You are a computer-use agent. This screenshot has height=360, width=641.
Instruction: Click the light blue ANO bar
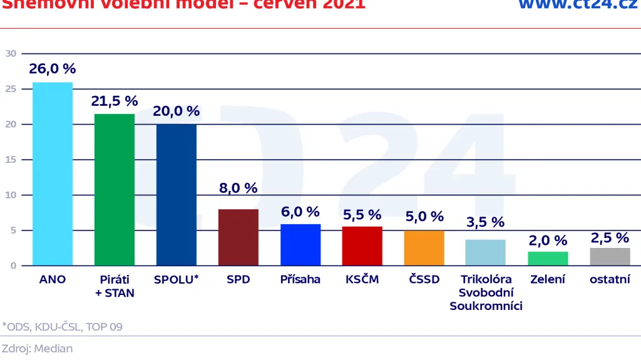coord(53,174)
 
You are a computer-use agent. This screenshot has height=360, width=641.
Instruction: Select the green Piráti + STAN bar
coord(115,190)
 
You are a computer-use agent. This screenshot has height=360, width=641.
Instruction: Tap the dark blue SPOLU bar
coord(176,195)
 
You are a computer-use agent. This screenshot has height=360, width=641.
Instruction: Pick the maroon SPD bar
coord(238,237)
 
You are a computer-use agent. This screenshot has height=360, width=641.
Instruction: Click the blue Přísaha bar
coord(300,245)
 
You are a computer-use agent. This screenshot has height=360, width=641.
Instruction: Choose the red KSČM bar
coord(362,246)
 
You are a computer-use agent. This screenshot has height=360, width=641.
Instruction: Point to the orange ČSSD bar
coord(424,248)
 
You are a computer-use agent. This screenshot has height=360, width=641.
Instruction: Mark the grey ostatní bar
coord(610,257)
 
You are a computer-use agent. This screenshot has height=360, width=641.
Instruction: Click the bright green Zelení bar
coord(548,259)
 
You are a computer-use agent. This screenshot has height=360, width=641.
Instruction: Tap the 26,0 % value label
coord(53,69)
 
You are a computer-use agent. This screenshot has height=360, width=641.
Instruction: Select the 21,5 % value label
coord(115,101)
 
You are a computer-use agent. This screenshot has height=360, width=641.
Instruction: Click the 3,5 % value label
coord(485,222)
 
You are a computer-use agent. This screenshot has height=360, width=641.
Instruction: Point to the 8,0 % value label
coord(238,188)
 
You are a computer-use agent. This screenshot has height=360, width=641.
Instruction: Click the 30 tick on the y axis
coord(11,54)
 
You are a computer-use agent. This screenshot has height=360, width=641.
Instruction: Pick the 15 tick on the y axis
coord(11,160)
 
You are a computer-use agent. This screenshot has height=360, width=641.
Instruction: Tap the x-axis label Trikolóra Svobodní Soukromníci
coord(486,292)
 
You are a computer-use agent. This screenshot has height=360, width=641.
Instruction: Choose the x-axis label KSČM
coord(362,279)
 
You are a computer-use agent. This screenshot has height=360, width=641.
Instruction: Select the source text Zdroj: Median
coord(37,349)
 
